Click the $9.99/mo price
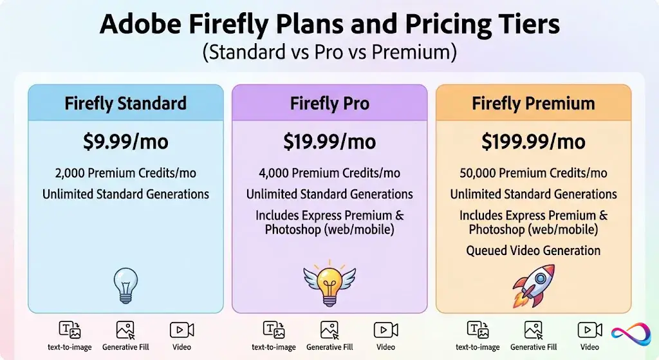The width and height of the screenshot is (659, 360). point(125,141)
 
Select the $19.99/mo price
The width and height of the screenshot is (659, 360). point(329,141)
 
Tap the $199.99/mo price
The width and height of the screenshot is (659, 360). point(534,141)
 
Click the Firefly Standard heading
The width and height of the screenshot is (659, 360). point(125,103)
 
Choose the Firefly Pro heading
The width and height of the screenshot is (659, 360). point(329,103)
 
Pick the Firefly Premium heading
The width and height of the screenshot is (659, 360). point(534,103)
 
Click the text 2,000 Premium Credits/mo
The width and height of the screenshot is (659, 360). point(125,173)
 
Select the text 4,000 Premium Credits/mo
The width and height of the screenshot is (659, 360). point(329,173)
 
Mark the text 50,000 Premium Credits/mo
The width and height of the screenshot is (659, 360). point(534,173)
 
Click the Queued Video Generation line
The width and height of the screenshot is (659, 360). point(534,251)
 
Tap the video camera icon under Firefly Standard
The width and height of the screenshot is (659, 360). point(181,330)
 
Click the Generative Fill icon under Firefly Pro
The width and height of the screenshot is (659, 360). point(329,330)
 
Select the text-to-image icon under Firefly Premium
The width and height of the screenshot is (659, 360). point(478,330)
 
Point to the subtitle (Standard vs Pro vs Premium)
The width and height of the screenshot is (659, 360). point(329,52)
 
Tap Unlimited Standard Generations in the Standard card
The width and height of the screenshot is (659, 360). point(125,194)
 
